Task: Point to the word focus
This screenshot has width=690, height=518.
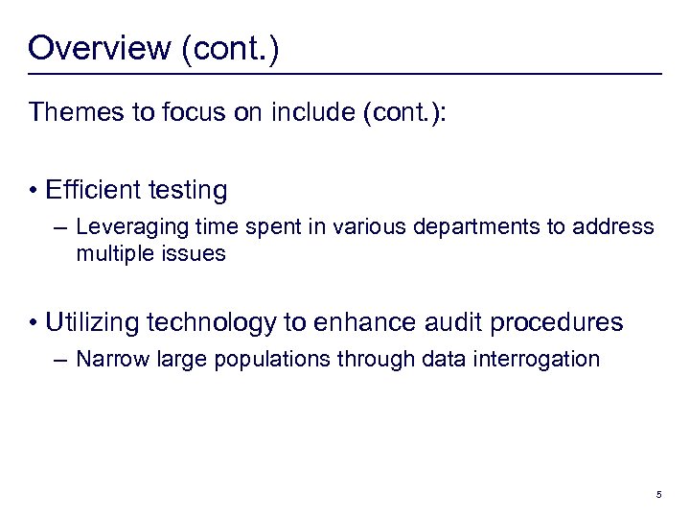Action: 195,113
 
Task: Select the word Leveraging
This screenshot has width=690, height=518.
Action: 123,228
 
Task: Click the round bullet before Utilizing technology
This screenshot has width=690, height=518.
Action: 34,322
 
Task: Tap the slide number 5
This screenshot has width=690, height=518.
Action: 658,495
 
